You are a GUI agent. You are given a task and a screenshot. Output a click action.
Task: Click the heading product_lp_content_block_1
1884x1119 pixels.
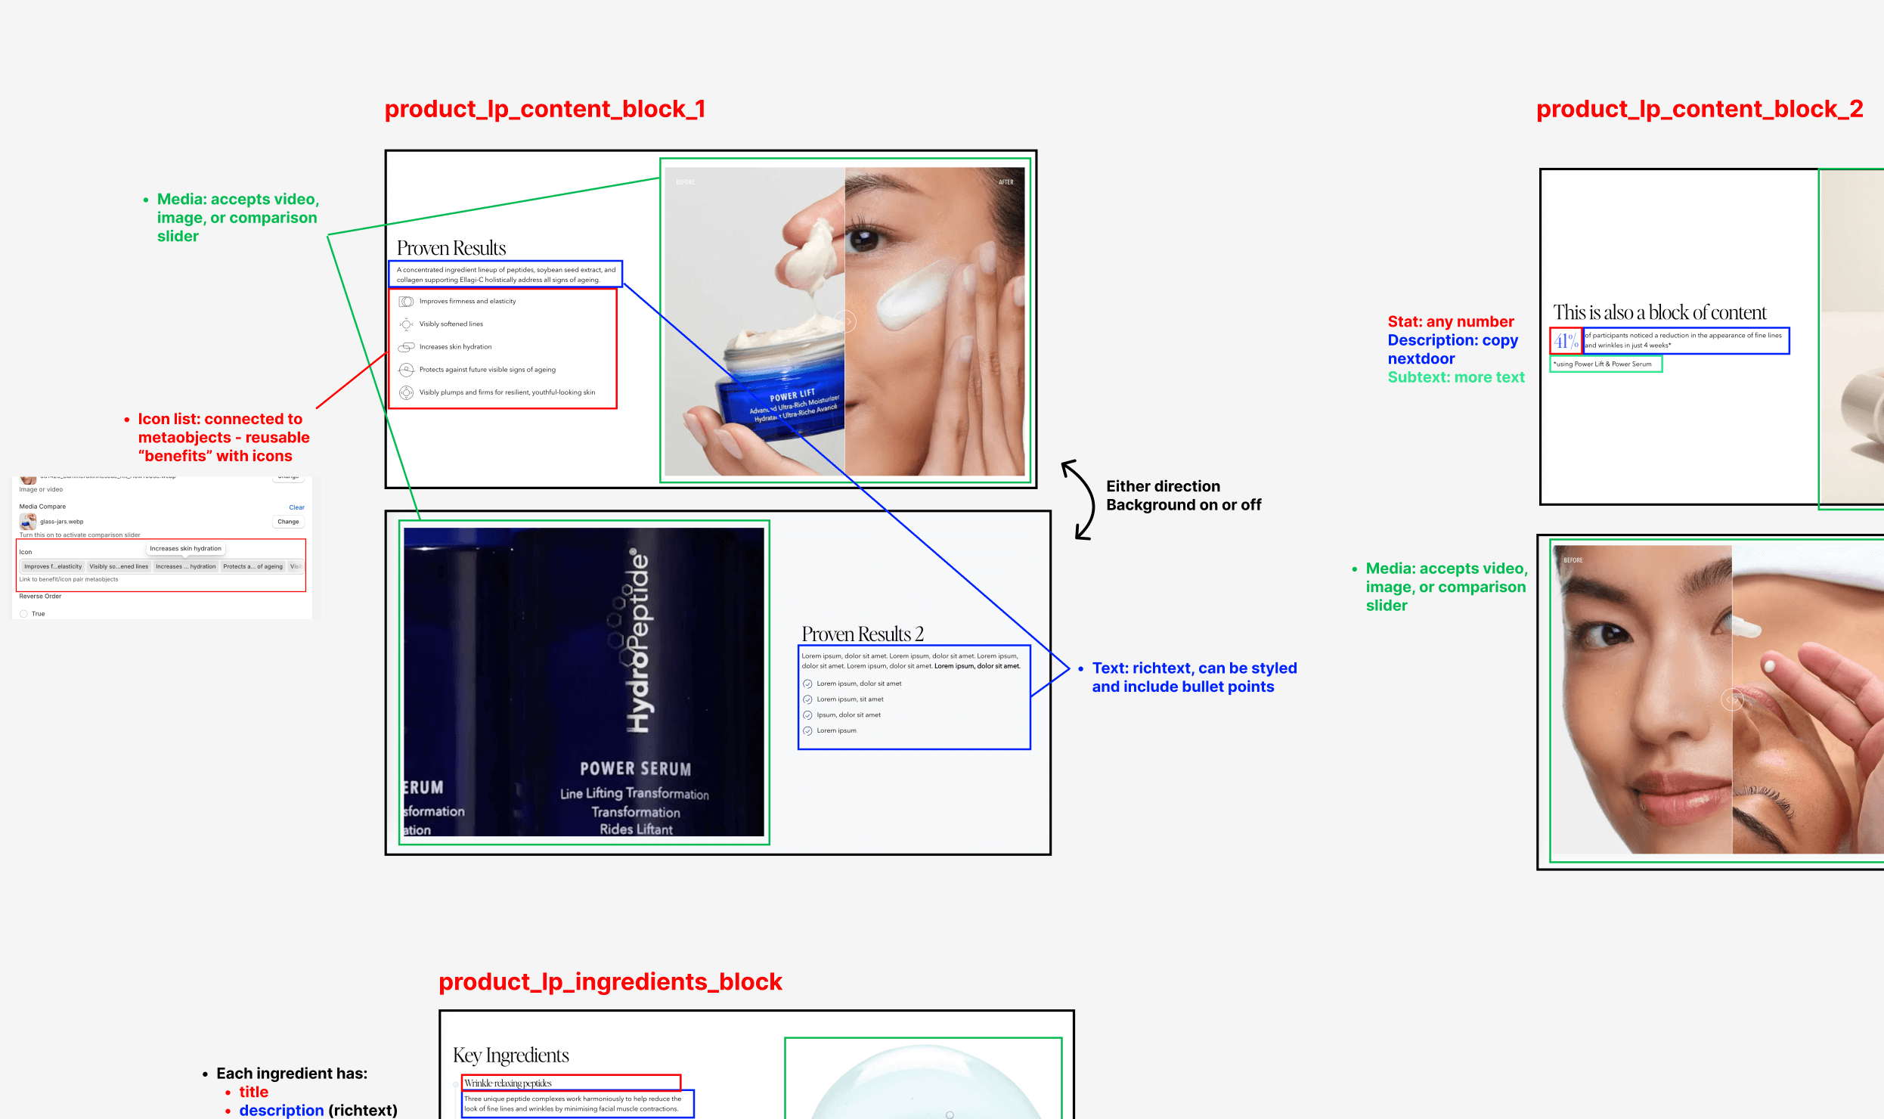click(544, 110)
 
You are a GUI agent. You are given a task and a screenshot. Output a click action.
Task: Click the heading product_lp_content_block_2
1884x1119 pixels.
click(1699, 110)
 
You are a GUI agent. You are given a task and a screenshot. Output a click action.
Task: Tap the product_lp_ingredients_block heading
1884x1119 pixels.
click(609, 981)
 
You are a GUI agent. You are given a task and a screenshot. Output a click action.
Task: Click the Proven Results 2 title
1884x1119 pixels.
click(862, 634)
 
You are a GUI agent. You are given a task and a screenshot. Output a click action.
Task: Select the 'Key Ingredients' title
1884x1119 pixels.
click(510, 1055)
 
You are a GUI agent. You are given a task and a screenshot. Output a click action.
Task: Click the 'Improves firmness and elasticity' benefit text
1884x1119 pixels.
click(467, 301)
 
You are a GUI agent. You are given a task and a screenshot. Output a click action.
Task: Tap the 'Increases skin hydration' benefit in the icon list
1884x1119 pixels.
click(455, 347)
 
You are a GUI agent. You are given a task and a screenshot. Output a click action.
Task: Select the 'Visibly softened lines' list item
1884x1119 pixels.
click(451, 324)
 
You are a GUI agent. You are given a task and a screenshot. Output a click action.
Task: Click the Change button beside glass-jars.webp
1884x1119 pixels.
click(288, 522)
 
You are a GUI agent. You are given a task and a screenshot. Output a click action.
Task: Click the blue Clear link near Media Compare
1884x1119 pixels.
click(296, 507)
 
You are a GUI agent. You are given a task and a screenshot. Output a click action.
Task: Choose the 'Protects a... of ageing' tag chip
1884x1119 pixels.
click(253, 566)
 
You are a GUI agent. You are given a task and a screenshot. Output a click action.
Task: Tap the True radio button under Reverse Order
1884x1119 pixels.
click(24, 614)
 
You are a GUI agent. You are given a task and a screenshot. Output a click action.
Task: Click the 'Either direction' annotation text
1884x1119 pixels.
click(1163, 486)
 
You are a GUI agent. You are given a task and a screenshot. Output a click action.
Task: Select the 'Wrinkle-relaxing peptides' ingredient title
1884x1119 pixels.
click(508, 1083)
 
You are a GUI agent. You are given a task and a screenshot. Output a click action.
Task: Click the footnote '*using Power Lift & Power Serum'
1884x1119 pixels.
click(1602, 364)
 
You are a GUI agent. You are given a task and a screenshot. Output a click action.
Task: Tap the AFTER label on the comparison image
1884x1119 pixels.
click(1006, 182)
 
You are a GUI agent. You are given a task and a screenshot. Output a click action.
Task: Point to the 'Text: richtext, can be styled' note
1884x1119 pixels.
click(1194, 668)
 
